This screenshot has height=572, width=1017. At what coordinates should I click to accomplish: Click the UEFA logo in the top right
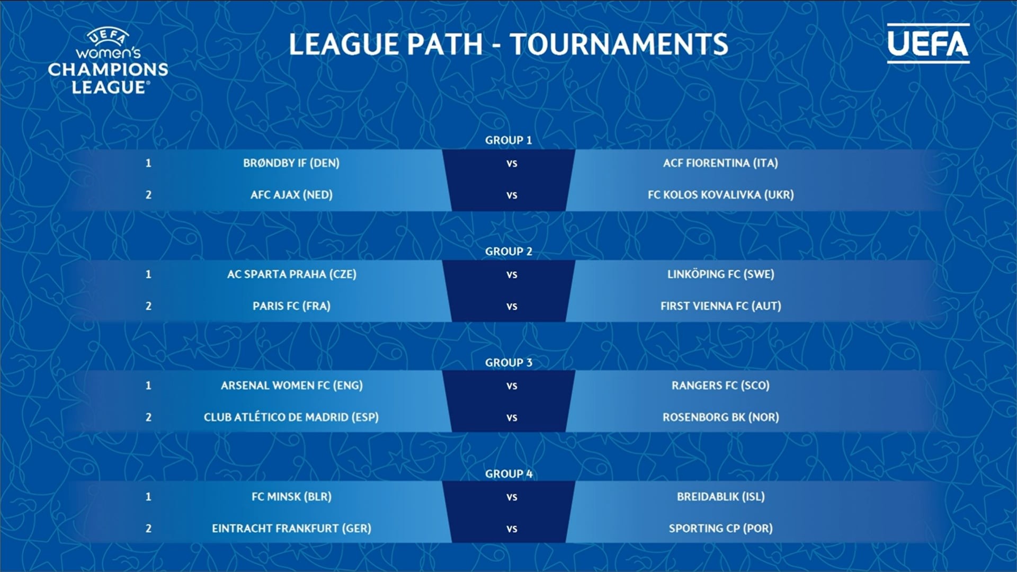928,43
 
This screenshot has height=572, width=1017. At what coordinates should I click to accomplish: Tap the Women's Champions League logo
108,61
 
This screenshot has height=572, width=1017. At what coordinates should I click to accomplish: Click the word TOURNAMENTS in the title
619,44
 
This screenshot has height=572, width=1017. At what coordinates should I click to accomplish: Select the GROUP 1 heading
508,140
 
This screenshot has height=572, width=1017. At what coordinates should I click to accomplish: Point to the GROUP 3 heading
508,363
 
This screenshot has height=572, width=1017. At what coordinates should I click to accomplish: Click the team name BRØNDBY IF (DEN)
291,163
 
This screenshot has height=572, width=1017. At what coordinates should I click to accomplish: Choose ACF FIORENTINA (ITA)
720,163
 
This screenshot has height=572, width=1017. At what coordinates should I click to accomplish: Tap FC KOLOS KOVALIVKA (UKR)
720,195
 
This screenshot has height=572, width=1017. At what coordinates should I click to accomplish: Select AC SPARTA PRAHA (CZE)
291,274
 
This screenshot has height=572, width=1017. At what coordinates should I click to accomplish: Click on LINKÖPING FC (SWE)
720,274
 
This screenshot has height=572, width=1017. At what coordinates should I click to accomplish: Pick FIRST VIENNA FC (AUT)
720,306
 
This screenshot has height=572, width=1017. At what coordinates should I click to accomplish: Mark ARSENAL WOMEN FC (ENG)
291,386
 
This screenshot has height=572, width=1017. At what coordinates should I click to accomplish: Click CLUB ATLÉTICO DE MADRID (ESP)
291,417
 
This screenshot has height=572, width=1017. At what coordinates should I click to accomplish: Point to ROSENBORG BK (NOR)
720,417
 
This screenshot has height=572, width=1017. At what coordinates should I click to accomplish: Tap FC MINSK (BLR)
291,497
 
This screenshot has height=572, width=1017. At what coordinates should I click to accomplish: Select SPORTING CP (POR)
720,529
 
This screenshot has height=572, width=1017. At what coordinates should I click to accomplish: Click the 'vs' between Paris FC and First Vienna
512,307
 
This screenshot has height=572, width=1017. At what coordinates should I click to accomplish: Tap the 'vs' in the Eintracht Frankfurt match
512,529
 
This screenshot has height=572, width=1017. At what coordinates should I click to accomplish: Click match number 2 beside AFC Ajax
148,195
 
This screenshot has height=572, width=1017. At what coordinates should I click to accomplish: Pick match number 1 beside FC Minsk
148,497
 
